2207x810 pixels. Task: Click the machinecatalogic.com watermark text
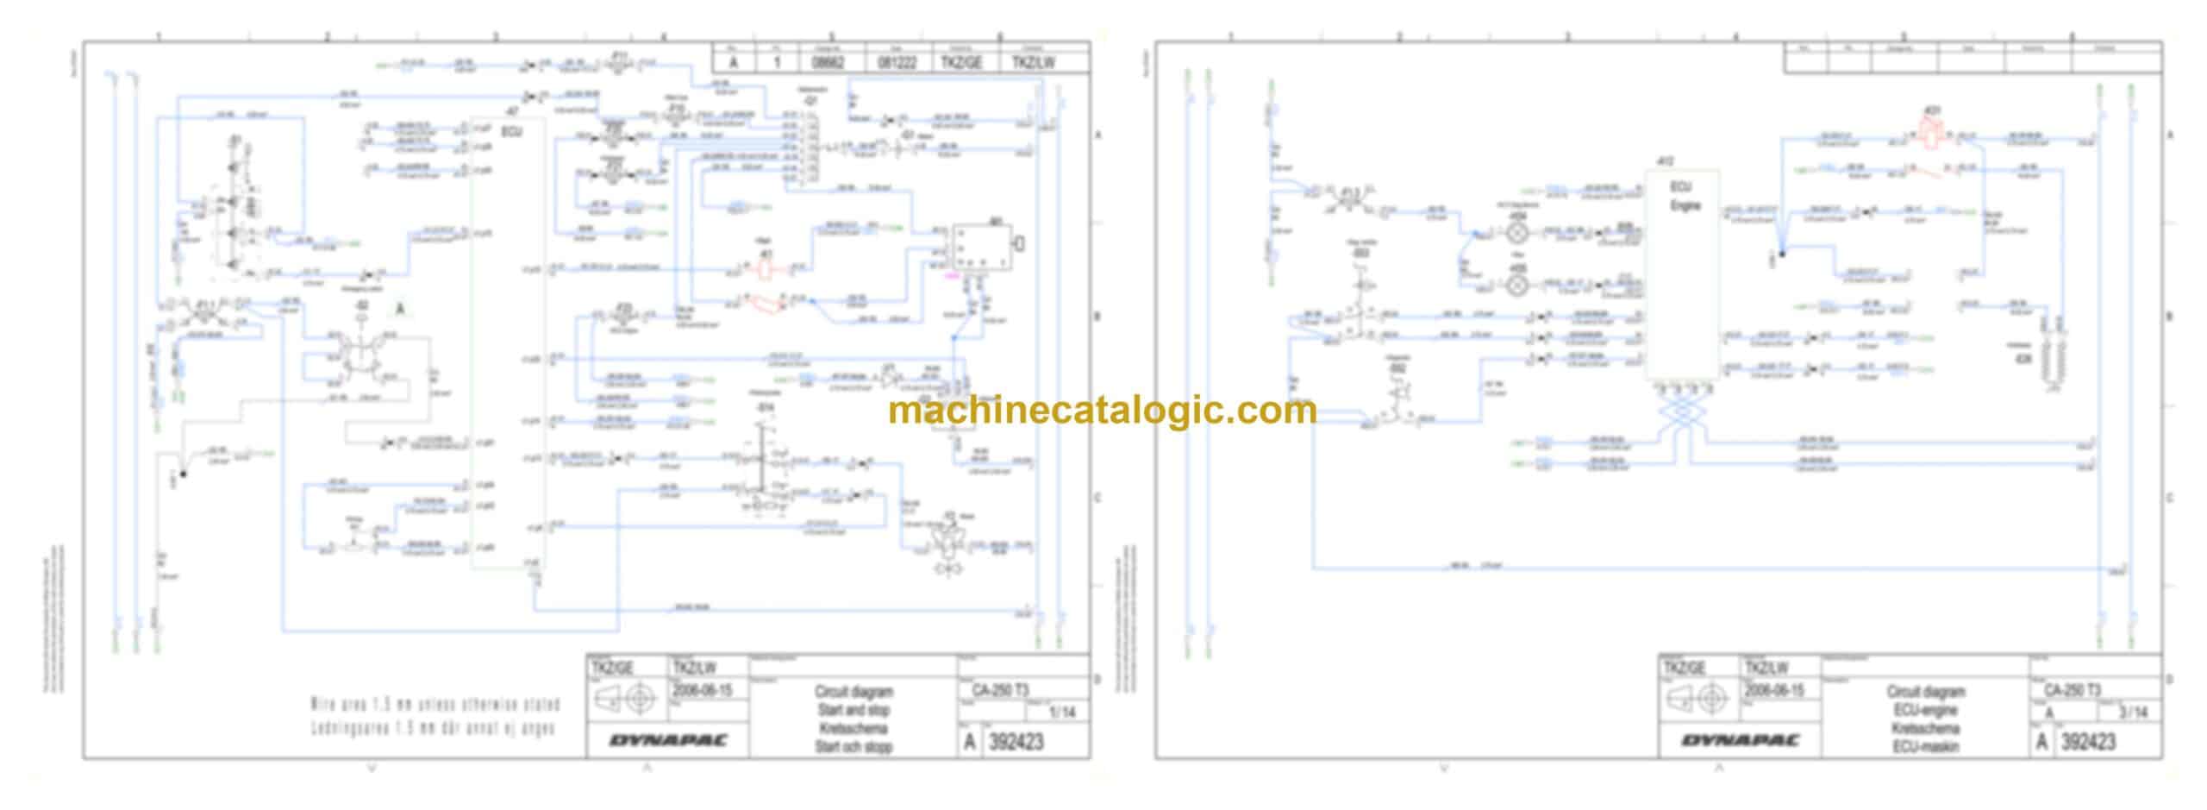pyautogui.click(x=1102, y=411)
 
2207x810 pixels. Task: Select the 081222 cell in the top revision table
pyautogui.click(x=897, y=63)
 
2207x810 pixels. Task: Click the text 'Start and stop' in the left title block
pyautogui.click(x=853, y=710)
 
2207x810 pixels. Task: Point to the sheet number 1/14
pyautogui.click(x=1061, y=713)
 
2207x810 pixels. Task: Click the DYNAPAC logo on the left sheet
pyautogui.click(x=668, y=741)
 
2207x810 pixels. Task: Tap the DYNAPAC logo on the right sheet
pyautogui.click(x=1740, y=741)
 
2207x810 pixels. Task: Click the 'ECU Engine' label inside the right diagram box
pyautogui.click(x=1684, y=198)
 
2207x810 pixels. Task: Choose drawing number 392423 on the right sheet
pyautogui.click(x=2087, y=742)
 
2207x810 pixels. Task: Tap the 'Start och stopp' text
pyautogui.click(x=853, y=747)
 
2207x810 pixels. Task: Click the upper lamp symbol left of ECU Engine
pyautogui.click(x=1518, y=232)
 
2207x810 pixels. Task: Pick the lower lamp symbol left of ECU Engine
pyautogui.click(x=1518, y=284)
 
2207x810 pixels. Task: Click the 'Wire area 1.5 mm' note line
pyautogui.click(x=435, y=705)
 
